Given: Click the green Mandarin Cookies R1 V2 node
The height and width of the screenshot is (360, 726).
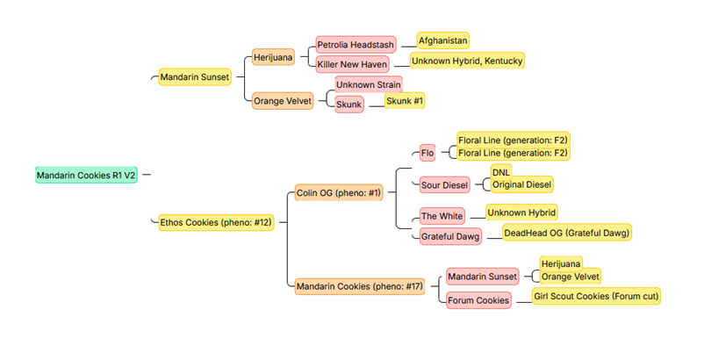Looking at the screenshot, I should point(86,175).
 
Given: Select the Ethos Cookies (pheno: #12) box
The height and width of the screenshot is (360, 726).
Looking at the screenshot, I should point(216,222).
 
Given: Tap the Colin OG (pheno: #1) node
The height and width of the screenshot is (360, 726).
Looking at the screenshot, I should point(339,192).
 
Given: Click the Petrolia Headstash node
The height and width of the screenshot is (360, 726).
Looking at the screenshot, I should point(356,44).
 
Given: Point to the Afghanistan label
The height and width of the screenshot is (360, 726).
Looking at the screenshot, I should point(442,40).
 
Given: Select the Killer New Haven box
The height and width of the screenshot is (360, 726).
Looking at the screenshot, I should point(352,64).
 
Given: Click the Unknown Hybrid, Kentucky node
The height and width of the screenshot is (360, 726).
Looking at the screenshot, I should point(467,61).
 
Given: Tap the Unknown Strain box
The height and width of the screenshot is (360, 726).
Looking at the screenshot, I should point(368,84).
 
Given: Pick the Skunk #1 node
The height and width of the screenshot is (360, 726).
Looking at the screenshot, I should point(405,101).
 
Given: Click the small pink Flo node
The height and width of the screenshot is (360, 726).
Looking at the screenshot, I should point(428,153).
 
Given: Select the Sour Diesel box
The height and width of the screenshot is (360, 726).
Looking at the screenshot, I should point(445,184).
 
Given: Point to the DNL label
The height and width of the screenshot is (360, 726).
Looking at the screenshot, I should point(500,172).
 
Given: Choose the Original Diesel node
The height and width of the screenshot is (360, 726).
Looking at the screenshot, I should point(521,184).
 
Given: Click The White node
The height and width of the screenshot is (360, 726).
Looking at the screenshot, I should point(442,216).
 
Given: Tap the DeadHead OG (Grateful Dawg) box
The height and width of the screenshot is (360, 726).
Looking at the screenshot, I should point(566,233).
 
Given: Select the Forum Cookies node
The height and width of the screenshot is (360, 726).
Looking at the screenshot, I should point(478,300).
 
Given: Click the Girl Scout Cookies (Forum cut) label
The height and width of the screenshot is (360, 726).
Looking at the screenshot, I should point(596,296).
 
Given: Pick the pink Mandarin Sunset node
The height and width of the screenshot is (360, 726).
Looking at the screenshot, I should point(482,277).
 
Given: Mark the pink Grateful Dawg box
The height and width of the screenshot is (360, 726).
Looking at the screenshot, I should point(449,236).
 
